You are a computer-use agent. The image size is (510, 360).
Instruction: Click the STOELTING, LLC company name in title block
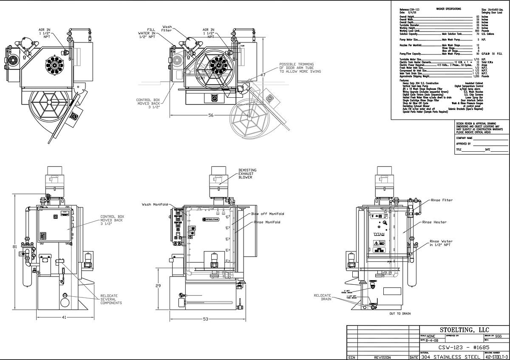pos(464,330)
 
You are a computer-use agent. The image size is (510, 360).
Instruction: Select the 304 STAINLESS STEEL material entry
pos(451,357)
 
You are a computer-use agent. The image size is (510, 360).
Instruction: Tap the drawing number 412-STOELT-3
pos(496,357)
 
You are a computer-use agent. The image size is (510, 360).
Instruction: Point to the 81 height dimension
pos(14,247)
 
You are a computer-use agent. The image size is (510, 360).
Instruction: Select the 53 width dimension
pos(205,319)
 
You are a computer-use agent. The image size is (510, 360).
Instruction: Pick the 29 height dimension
pos(158,286)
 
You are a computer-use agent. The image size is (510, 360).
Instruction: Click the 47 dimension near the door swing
pos(263,75)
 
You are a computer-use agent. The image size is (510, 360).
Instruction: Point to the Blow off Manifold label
pos(267,214)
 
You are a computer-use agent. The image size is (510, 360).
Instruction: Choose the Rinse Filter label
pos(442,200)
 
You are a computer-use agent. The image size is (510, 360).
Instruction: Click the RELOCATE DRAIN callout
pos(323,297)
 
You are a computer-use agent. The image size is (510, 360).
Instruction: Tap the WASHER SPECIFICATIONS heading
pos(448,9)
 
